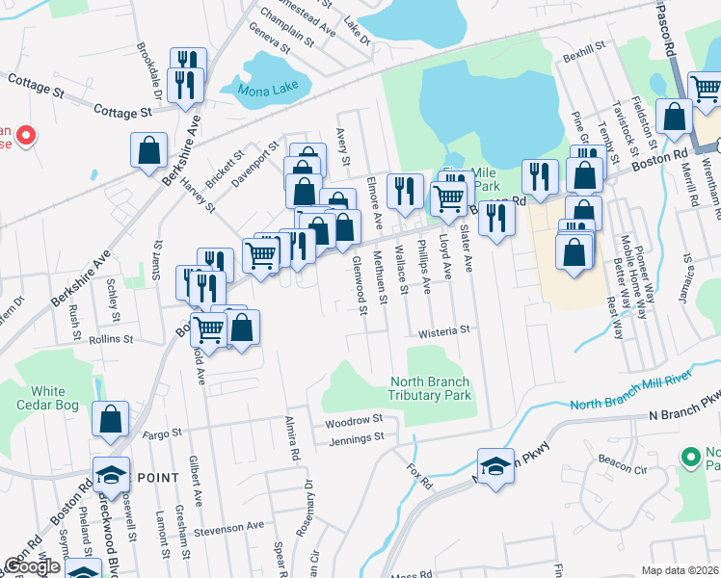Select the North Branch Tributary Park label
click(429, 388)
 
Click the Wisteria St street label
click(442, 330)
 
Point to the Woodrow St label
click(354, 421)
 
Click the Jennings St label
click(357, 437)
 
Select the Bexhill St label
click(583, 44)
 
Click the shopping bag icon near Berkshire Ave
click(149, 150)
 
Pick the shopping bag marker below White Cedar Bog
click(111, 419)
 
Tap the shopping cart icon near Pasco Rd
click(706, 89)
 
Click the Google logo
click(32, 565)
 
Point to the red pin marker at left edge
click(26, 137)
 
